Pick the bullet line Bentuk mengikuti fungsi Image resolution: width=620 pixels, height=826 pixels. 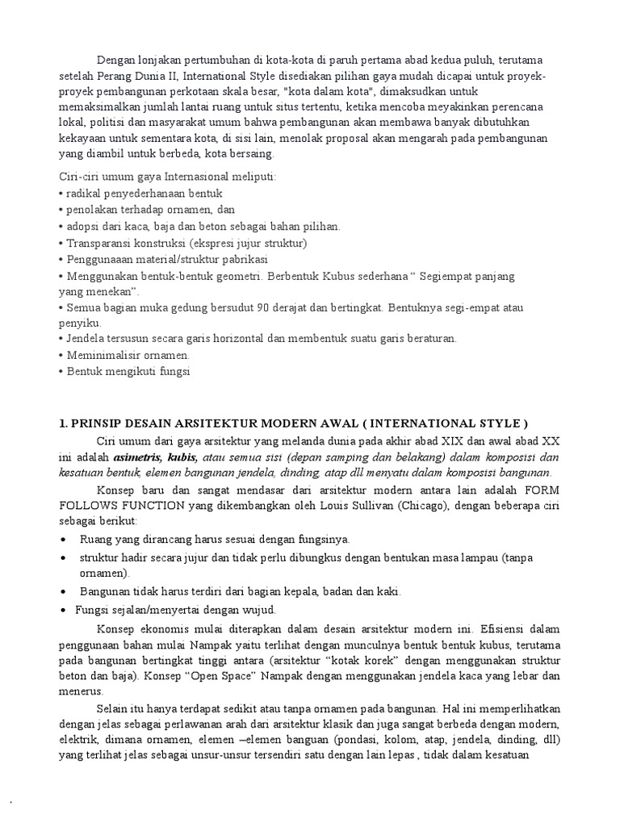point(126,371)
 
